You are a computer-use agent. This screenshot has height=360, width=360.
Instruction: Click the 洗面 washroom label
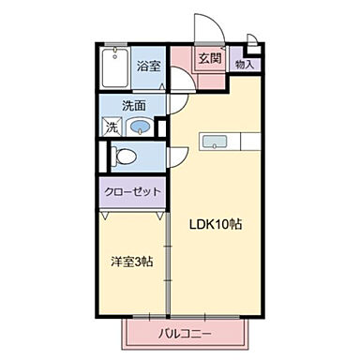click(x=134, y=106)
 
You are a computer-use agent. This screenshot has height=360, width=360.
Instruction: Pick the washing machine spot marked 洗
click(x=112, y=127)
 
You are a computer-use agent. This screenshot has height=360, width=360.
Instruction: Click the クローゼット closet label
click(x=132, y=191)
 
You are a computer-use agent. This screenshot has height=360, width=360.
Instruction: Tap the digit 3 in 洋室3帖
click(x=133, y=260)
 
